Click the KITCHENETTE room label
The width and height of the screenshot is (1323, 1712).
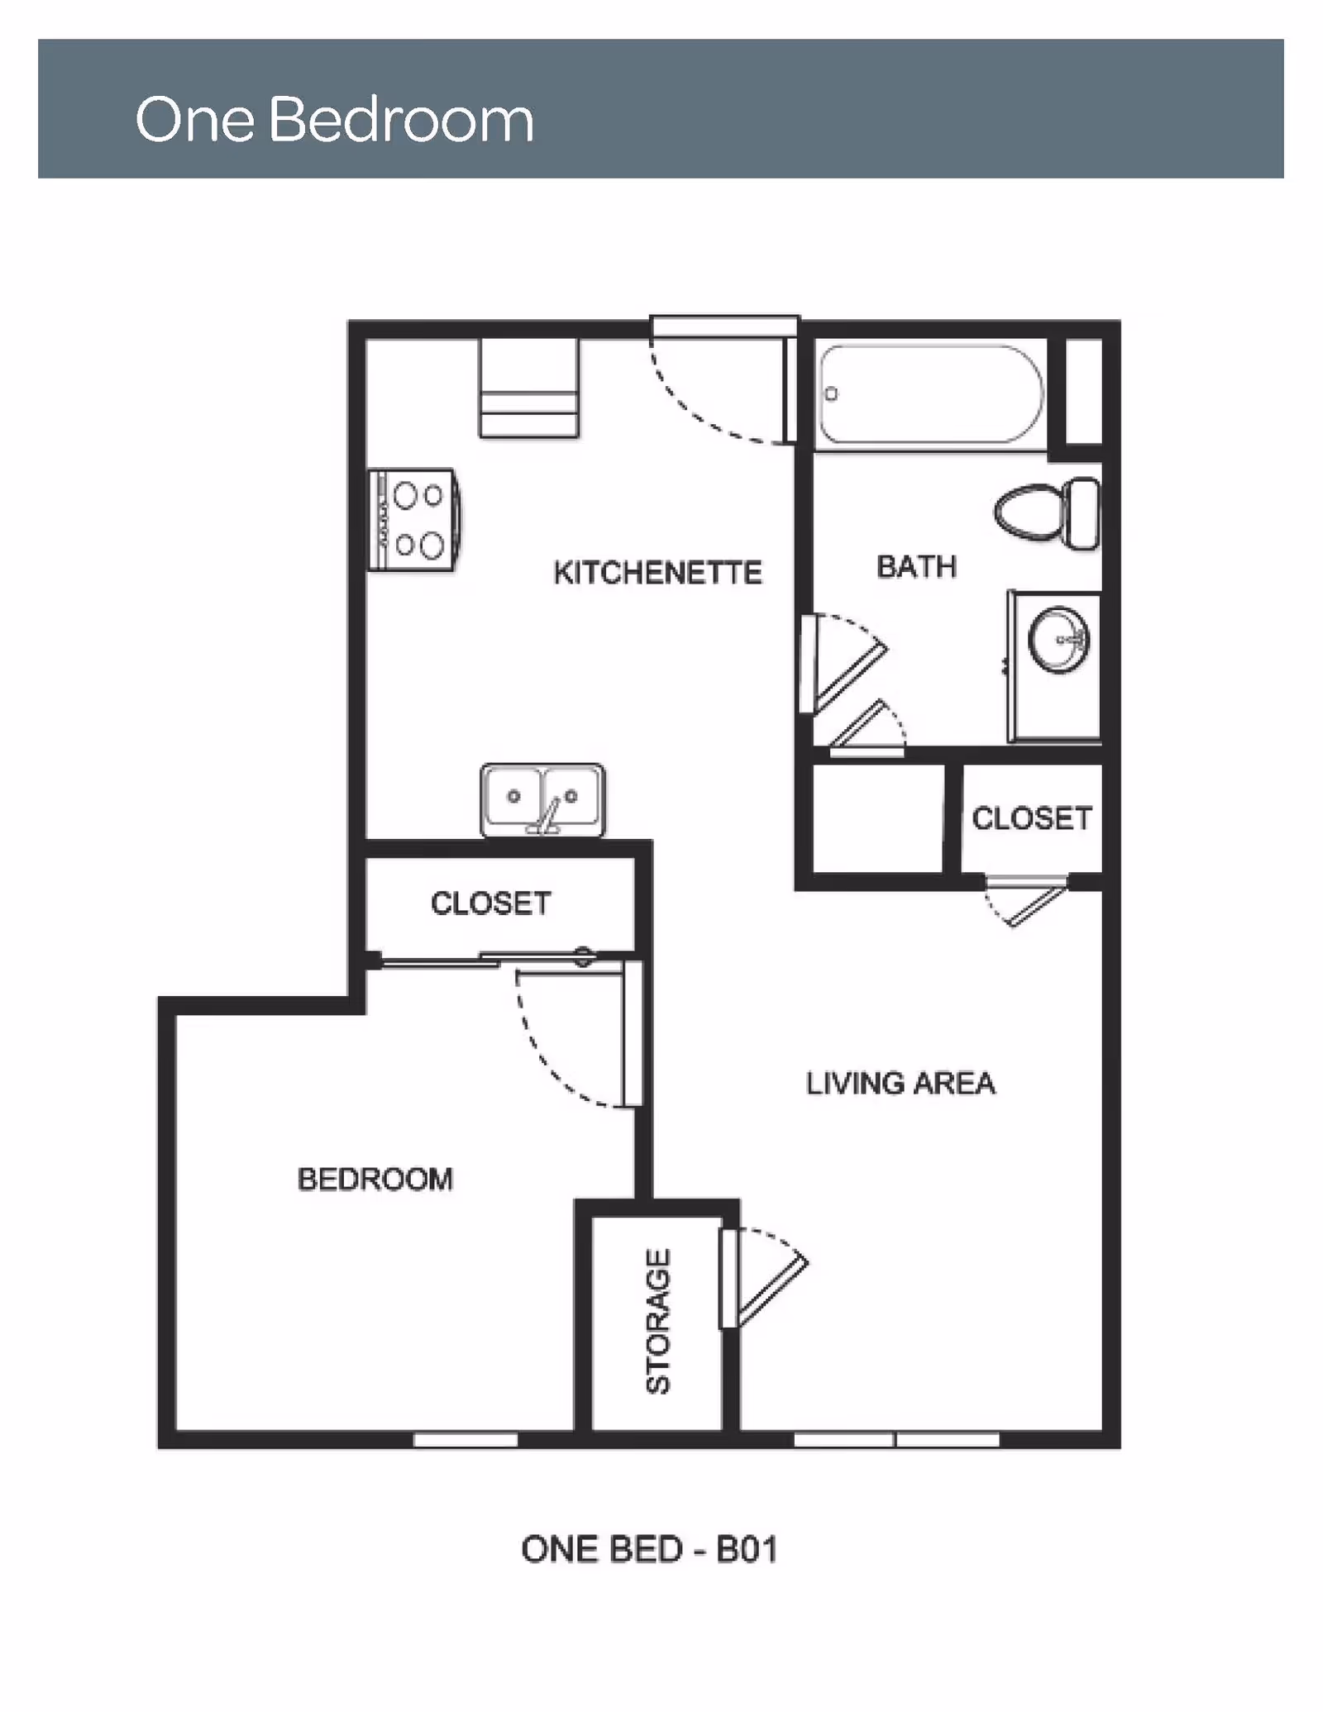coord(657,573)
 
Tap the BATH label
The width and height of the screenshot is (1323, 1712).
coord(916,567)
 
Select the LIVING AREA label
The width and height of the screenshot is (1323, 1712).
coord(900,1083)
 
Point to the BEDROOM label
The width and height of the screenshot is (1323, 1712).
coord(375,1179)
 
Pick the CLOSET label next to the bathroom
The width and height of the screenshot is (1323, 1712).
coord(1032,818)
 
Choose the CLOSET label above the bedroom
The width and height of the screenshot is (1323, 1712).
coord(490,904)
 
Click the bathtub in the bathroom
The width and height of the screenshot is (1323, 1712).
coord(930,394)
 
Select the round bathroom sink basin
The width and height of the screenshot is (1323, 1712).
coord(1058,640)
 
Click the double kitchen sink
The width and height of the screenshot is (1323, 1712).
coord(542,799)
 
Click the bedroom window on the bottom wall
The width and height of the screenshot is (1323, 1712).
coord(466,1439)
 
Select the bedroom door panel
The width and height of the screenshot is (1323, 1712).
coord(633,1033)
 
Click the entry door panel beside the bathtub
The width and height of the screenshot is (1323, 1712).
coord(790,389)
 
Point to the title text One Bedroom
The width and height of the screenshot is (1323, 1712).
coord(334,120)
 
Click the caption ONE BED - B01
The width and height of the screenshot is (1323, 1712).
coord(649,1550)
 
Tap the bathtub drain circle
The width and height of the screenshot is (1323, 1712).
coord(831,394)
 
